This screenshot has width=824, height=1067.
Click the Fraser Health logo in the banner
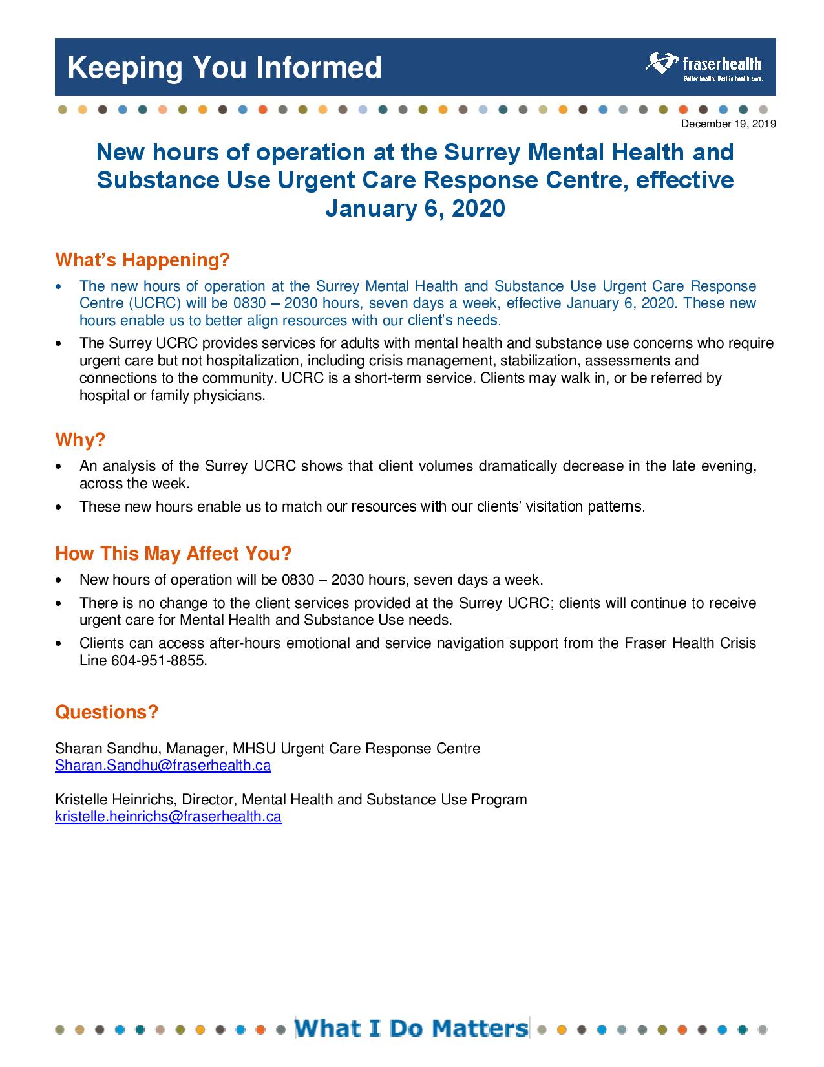coord(704,67)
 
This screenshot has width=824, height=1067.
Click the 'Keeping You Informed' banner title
coord(224,67)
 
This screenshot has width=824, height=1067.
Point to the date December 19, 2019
coord(728,124)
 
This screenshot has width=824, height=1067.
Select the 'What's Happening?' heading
coord(142,260)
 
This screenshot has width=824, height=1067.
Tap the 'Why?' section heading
coord(80,440)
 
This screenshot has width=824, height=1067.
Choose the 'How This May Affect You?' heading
coord(173,554)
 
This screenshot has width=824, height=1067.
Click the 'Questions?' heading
coord(107,712)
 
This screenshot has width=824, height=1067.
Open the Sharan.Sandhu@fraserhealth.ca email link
coord(163,766)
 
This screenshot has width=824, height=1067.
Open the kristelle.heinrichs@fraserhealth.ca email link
coord(168,817)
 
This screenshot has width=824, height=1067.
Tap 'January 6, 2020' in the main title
coord(414,209)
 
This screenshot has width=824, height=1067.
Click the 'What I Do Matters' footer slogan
coord(411,1028)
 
